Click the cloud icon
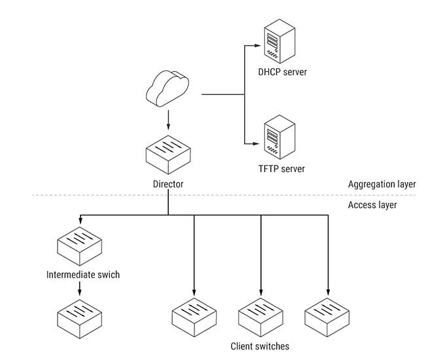click(x=168, y=90)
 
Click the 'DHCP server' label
click(x=283, y=71)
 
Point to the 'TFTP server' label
click(x=281, y=169)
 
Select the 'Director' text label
click(x=168, y=185)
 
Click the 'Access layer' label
click(x=372, y=205)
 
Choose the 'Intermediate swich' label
click(x=83, y=274)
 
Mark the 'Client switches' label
click(x=260, y=346)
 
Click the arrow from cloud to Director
click(x=168, y=120)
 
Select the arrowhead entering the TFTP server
click(x=257, y=142)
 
